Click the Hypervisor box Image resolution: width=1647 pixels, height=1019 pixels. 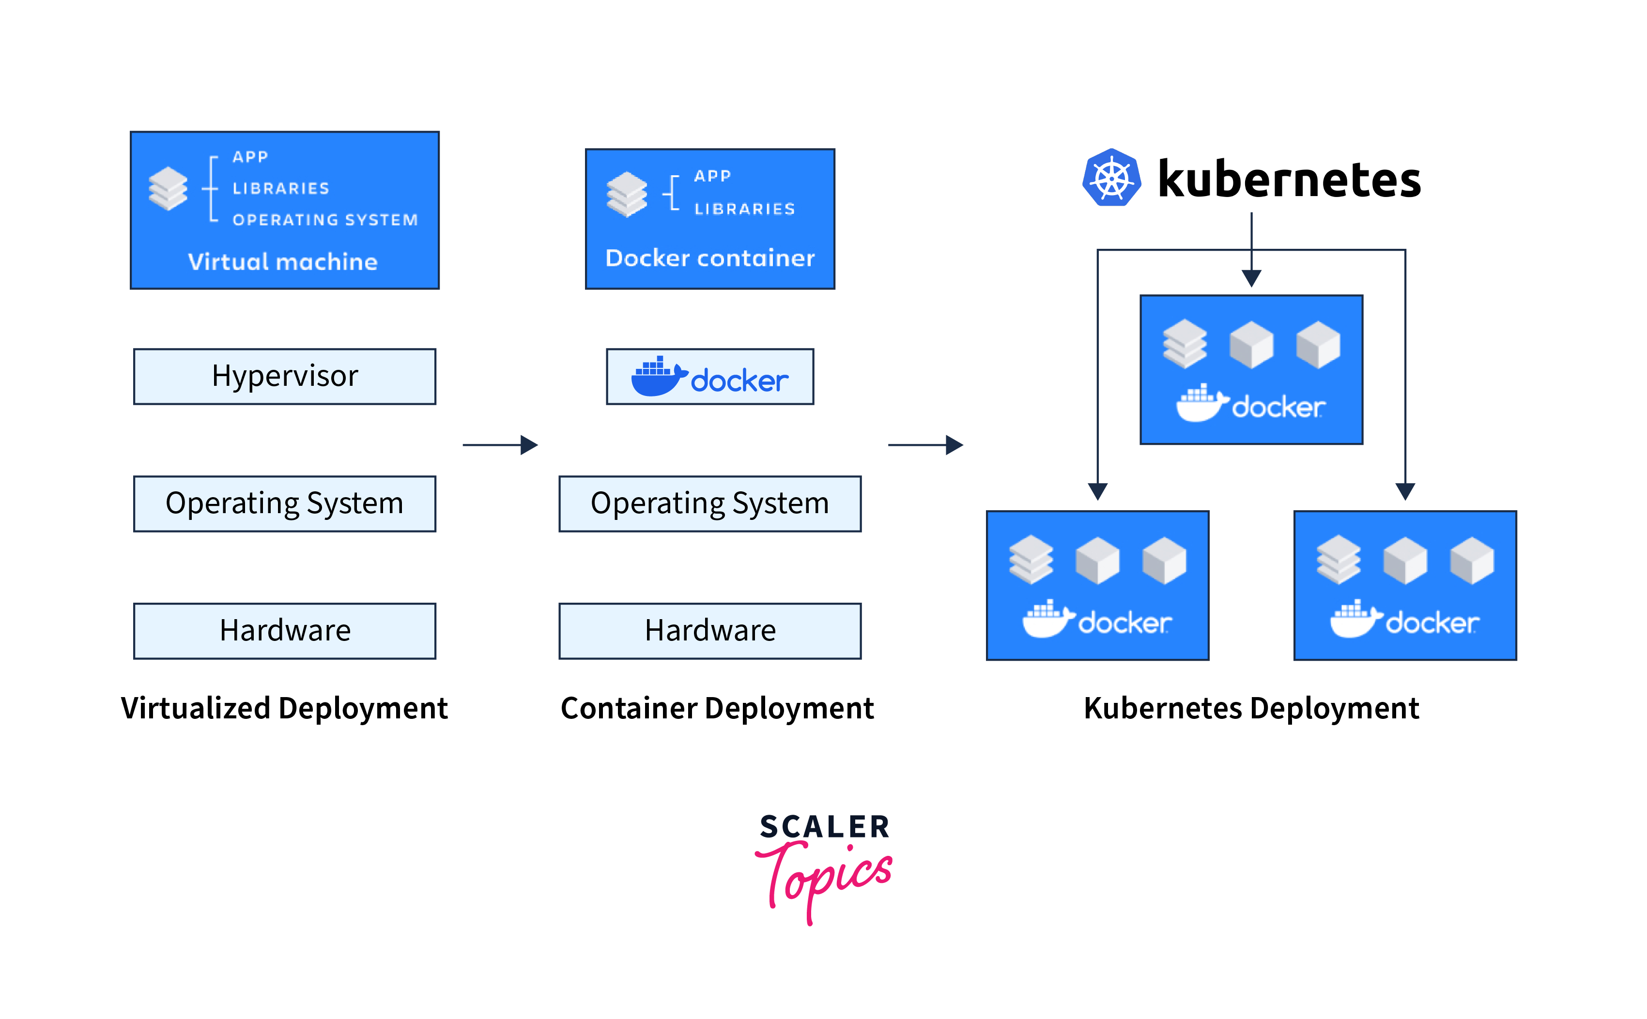(284, 376)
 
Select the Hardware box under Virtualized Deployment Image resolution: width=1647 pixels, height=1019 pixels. (284, 631)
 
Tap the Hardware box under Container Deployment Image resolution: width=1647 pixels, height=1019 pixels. (710, 631)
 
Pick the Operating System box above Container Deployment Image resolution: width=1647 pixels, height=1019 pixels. (710, 503)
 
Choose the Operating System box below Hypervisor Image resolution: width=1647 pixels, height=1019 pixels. (284, 503)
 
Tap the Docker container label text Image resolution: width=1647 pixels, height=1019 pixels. (710, 258)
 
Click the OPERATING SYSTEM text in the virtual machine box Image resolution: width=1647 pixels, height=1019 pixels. (325, 220)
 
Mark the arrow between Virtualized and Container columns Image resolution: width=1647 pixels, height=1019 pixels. (500, 445)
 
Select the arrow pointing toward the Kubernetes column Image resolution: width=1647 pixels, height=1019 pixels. (925, 445)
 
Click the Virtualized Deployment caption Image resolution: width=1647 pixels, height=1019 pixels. (284, 708)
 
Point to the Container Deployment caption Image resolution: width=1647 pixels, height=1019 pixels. (717, 708)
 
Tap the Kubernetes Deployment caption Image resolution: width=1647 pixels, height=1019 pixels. (1251, 708)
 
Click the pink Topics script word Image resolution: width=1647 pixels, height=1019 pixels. (826, 876)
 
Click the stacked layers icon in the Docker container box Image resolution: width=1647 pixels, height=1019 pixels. (626, 194)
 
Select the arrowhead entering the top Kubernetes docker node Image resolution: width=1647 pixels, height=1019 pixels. (1251, 278)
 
